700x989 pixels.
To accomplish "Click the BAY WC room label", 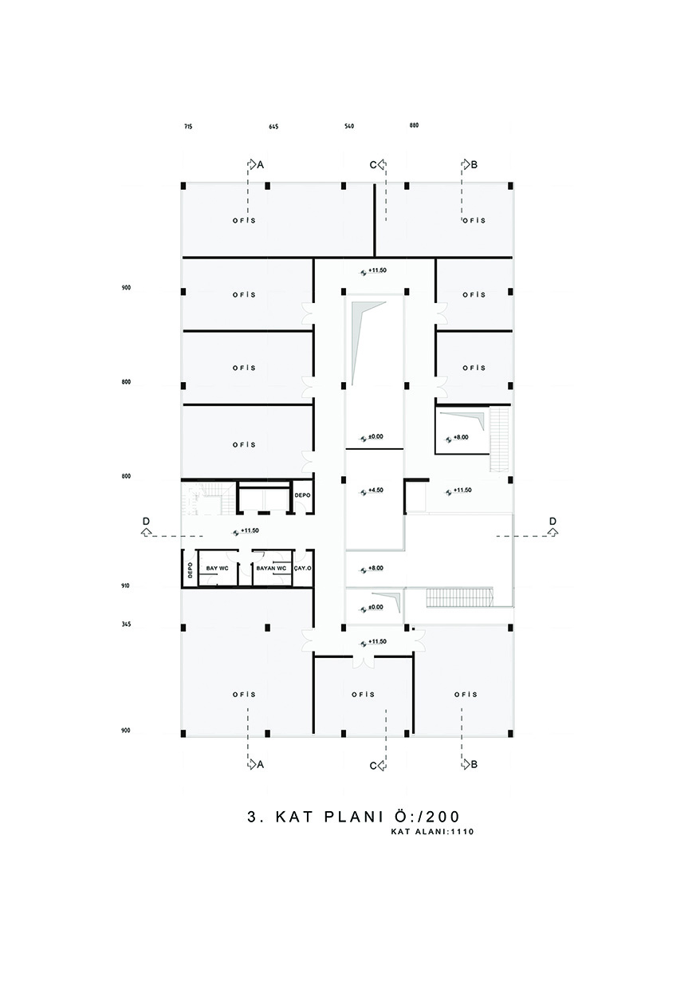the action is [x=217, y=568].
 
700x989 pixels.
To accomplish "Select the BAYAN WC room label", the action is [x=271, y=568].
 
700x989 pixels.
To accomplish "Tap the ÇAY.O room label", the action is [x=303, y=569].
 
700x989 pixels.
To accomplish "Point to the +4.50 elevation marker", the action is [x=366, y=491].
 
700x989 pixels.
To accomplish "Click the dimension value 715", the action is [x=188, y=127].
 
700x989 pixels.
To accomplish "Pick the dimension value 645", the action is [x=273, y=127].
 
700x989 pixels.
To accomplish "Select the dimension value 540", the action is [x=349, y=126].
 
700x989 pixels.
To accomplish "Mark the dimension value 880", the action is [x=414, y=125].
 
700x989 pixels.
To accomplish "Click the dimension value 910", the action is [x=126, y=586].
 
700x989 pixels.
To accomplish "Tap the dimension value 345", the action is [x=126, y=625].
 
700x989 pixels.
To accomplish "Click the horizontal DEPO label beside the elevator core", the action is [x=303, y=495].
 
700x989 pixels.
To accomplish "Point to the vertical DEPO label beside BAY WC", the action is [x=190, y=570].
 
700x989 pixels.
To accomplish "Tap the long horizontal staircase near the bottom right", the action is [x=458, y=597].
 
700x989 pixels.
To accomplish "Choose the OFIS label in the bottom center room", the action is [x=364, y=695].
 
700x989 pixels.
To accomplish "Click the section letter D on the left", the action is [x=146, y=521].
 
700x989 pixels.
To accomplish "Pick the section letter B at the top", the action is [x=474, y=164].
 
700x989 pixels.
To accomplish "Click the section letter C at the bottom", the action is [x=373, y=766].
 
